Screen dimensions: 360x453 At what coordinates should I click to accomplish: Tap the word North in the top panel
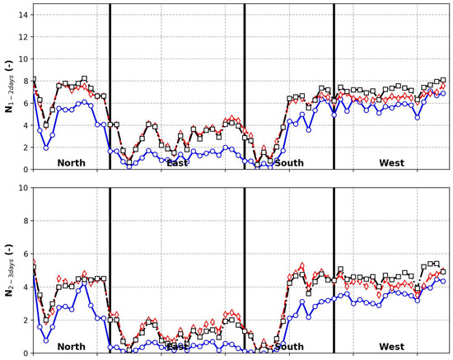[x=72, y=162]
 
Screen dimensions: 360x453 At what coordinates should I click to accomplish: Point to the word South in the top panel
[x=289, y=162]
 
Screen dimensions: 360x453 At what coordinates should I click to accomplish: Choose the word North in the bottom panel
[x=72, y=347]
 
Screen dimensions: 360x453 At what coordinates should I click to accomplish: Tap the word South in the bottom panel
[x=289, y=347]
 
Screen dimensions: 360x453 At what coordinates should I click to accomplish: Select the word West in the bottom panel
[x=391, y=347]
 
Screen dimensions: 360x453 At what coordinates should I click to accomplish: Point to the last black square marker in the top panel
[x=443, y=80]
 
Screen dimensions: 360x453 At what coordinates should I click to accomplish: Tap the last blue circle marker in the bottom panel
[x=443, y=281]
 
